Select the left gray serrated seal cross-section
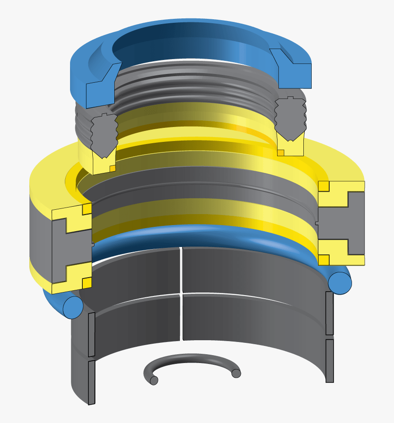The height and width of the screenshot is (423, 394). (x=104, y=134)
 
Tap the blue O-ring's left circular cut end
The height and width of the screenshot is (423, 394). (x=73, y=307)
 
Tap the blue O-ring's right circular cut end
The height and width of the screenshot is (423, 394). (x=339, y=282)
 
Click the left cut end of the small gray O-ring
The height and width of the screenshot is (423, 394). (x=154, y=381)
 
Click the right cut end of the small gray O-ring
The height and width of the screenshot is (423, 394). (x=236, y=373)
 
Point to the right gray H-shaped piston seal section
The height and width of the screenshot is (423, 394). (x=346, y=223)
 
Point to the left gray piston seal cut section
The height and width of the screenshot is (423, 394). (x=61, y=248)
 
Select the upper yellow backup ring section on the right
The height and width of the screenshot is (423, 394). (x=341, y=193)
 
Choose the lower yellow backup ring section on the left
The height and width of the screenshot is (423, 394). (x=66, y=280)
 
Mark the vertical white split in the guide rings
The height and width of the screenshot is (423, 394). (x=181, y=293)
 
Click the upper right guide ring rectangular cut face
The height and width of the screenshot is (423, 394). (x=330, y=313)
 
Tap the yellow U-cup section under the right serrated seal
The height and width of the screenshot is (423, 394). (x=291, y=147)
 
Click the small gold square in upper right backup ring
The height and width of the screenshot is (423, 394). (x=324, y=186)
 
